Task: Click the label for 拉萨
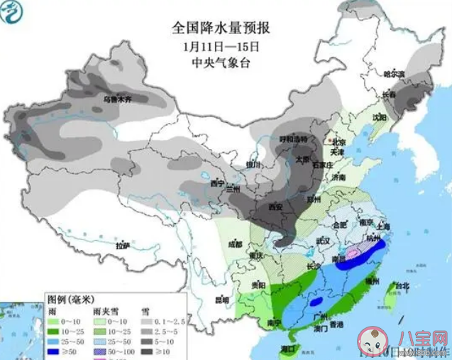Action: [123, 246]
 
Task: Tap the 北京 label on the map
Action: [338, 141]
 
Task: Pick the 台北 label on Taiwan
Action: [402, 286]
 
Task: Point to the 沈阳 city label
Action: [380, 117]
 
